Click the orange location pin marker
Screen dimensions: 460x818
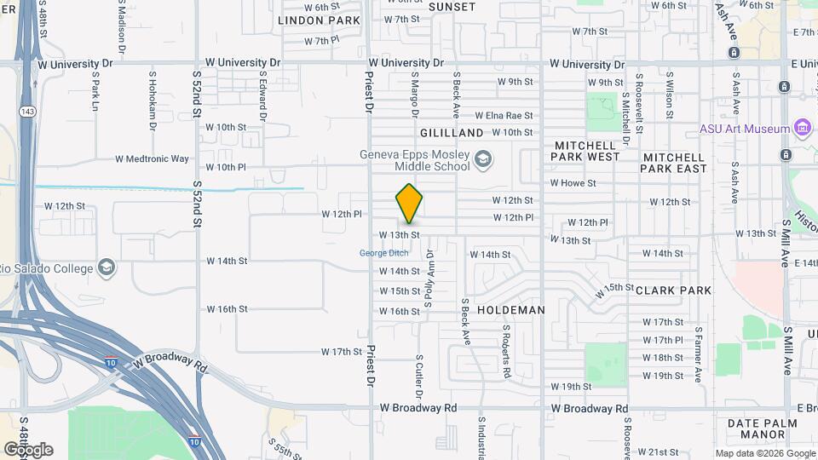pyautogui.click(x=409, y=203)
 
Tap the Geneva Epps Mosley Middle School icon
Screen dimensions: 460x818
pyautogui.click(x=483, y=159)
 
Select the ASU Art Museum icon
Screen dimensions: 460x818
pyautogui.click(x=801, y=129)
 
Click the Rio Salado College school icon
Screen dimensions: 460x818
pyautogui.click(x=107, y=267)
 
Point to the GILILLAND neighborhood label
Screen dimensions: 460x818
pyautogui.click(x=452, y=133)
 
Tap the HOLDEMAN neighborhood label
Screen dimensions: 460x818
pyautogui.click(x=510, y=310)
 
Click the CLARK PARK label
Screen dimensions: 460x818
pyautogui.click(x=673, y=290)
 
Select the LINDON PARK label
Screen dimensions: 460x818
pyautogui.click(x=307, y=20)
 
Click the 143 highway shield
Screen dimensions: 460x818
pyautogui.click(x=28, y=87)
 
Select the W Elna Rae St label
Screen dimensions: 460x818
pyautogui.click(x=504, y=115)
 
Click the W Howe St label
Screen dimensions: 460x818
pyautogui.click(x=573, y=183)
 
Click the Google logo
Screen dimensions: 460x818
pyautogui.click(x=28, y=450)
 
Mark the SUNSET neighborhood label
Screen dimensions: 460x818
pyautogui.click(x=452, y=7)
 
